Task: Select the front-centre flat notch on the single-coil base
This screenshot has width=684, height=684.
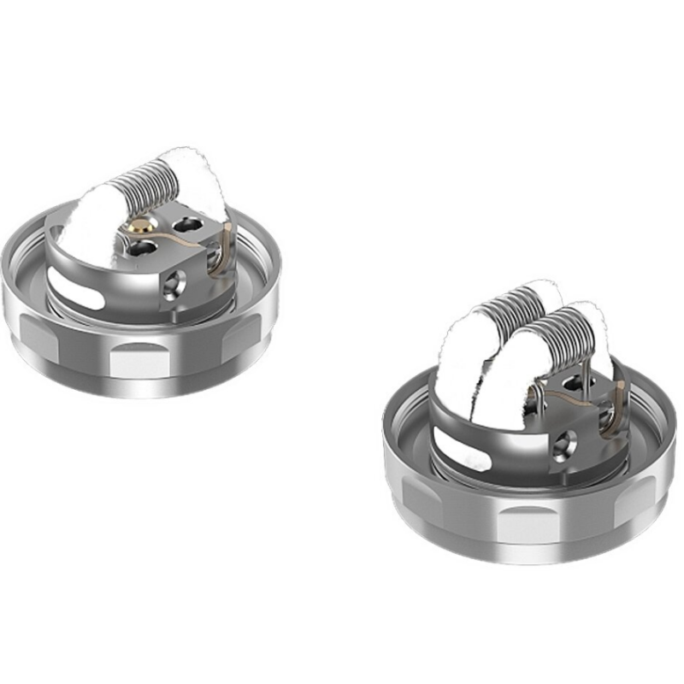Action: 141,359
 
